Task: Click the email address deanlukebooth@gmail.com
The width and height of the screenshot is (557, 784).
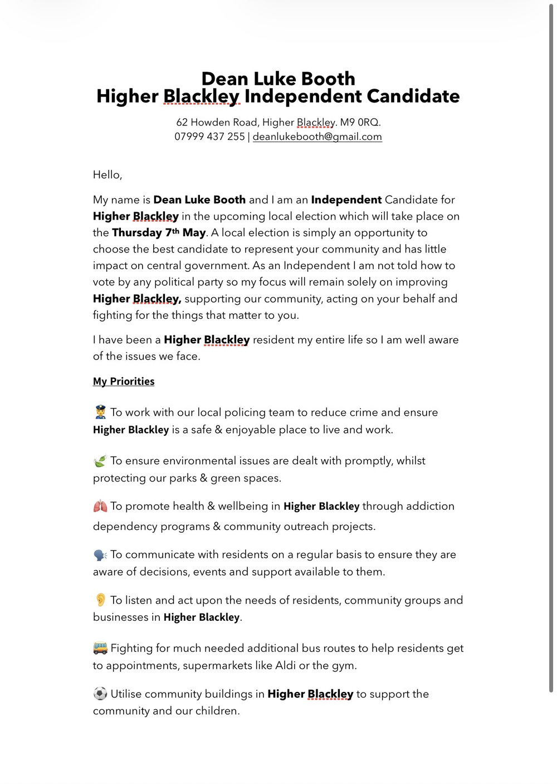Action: pos(317,137)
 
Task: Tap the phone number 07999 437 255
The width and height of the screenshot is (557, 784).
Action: pos(209,137)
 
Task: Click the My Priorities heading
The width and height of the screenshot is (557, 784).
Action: pos(124,382)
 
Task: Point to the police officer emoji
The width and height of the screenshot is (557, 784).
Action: pos(100,412)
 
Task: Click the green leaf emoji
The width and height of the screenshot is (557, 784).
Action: pos(100,461)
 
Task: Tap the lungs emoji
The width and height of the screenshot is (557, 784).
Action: pos(100,507)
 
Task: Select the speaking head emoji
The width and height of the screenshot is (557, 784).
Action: pos(100,555)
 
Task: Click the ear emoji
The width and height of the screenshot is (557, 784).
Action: pos(100,600)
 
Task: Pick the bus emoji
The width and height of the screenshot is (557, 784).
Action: pos(100,648)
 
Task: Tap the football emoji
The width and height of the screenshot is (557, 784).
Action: pos(100,694)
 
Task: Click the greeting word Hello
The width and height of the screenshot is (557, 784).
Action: pos(106,175)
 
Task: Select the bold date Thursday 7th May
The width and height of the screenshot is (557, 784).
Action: pos(159,233)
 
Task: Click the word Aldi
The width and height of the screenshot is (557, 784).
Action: pos(286,666)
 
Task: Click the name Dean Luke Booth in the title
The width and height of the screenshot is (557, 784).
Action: pos(278,79)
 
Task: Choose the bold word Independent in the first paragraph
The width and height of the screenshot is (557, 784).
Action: pos(346,200)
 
